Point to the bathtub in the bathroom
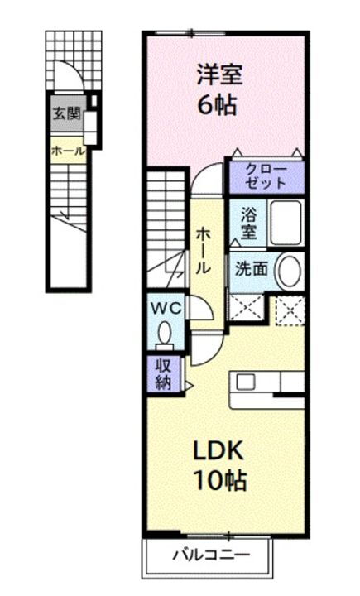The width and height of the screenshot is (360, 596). tap(286, 221)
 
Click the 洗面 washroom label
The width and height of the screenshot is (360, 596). tap(247, 270)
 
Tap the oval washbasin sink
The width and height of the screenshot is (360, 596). tap(288, 270)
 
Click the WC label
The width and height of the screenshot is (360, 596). tap(165, 307)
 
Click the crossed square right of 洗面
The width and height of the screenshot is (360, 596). tap(289, 311)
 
